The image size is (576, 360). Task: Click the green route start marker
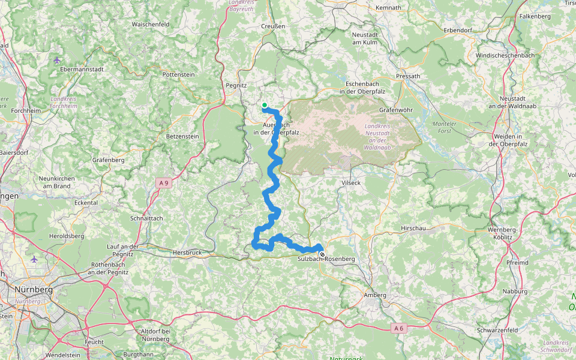click(x=264, y=105)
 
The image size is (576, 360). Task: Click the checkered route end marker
click(x=322, y=254)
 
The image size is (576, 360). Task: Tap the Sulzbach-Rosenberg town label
click(x=326, y=259)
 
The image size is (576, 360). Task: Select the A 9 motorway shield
click(x=163, y=182)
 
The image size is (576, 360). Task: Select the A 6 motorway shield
click(x=398, y=328)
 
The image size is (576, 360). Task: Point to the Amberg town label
click(x=375, y=295)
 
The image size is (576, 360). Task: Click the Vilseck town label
click(x=350, y=182)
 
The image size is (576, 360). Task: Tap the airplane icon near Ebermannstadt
click(x=57, y=60)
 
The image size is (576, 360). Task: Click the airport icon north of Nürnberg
click(x=34, y=259)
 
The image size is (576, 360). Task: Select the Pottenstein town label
click(x=179, y=74)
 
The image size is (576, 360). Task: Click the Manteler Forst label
click(x=445, y=127)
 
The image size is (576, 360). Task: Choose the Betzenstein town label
click(x=182, y=136)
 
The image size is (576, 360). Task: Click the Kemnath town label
click(x=388, y=7)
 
